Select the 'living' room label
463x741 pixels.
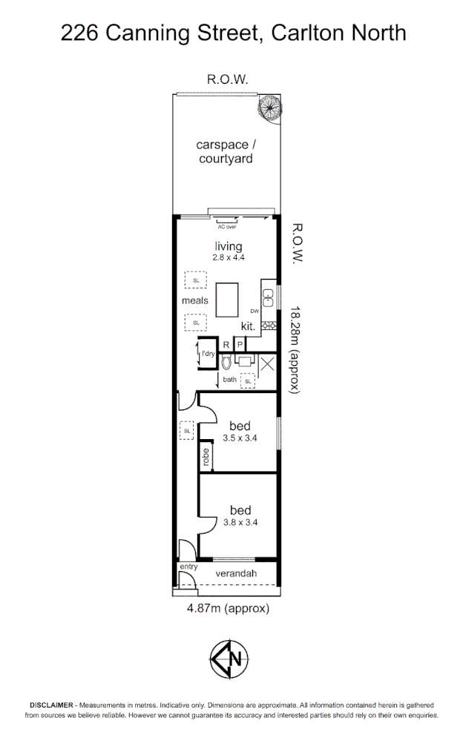[x=229, y=246]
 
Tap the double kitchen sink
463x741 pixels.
[x=270, y=298]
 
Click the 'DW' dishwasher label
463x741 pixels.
[x=254, y=310]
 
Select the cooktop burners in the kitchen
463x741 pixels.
[x=270, y=324]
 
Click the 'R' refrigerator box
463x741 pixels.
[x=226, y=344]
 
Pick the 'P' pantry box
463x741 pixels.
[x=240, y=344]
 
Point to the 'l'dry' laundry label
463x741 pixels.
[x=208, y=355]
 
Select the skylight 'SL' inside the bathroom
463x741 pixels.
[x=248, y=381]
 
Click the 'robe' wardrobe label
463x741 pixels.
[x=206, y=456]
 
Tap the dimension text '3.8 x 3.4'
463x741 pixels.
[x=240, y=522]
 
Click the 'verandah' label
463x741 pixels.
[x=235, y=574]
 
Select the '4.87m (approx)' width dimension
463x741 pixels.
[x=226, y=609]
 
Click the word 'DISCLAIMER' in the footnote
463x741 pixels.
[x=51, y=705]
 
